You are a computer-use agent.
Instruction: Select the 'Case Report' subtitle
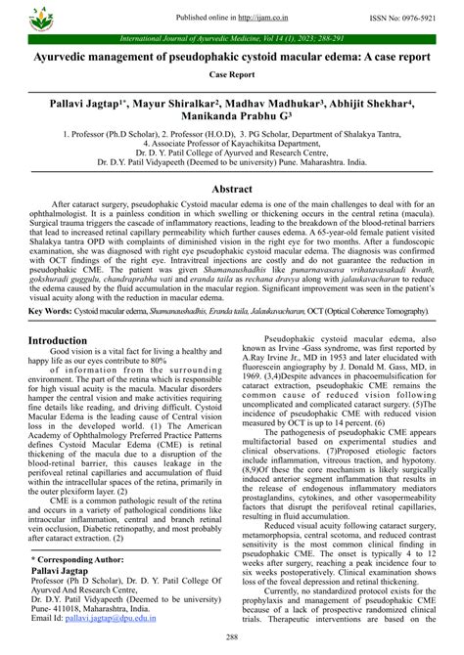click(232, 73)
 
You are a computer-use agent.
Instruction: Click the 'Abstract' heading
click(232, 189)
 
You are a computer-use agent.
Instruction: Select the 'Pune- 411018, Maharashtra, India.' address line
click(105, 605)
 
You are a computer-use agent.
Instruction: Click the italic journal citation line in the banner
click(232, 39)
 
